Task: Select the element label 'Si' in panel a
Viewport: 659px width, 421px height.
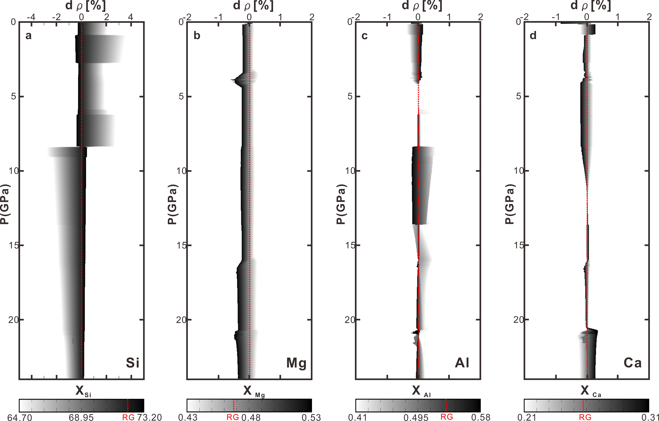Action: tap(133, 363)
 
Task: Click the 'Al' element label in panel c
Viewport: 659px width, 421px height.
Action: tap(462, 363)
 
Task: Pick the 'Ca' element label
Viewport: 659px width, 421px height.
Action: tap(632, 363)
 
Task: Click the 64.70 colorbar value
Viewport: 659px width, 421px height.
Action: tap(19, 417)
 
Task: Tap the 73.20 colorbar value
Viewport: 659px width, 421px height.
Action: tap(149, 417)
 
